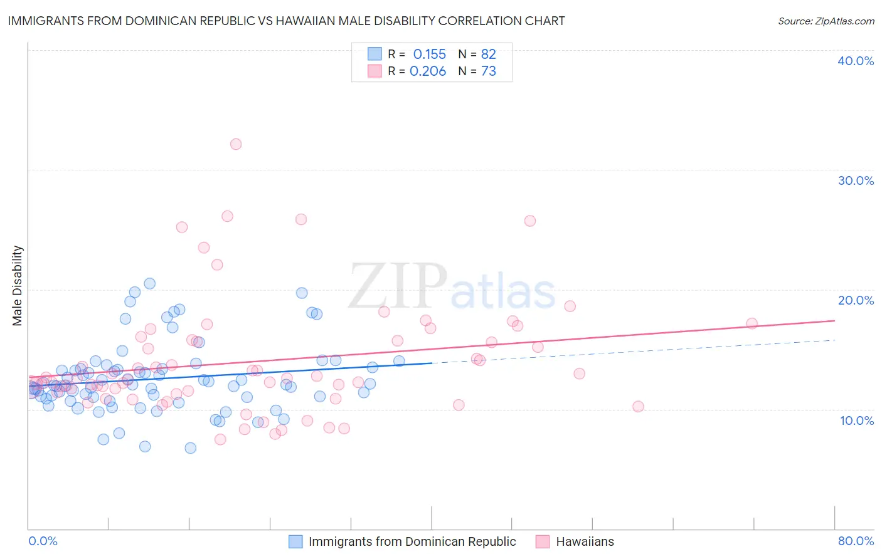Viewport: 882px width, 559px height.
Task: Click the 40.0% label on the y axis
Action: tap(856, 61)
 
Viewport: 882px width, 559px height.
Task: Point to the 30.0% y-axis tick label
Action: tap(856, 180)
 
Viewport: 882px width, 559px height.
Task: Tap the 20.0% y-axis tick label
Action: tap(856, 300)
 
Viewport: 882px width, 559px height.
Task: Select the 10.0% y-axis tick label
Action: tap(857, 421)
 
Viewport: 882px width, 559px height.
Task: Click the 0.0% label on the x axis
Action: tap(43, 541)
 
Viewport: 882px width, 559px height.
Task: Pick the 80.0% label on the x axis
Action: tap(856, 541)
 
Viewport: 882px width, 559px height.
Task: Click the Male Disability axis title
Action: tap(18, 285)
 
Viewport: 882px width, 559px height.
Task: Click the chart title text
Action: tap(286, 21)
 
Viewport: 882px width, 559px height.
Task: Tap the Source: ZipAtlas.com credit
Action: tap(826, 21)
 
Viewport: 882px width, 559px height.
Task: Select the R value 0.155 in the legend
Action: tap(429, 54)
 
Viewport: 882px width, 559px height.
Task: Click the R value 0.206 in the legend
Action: tap(428, 71)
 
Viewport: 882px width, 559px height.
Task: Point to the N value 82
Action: tap(488, 54)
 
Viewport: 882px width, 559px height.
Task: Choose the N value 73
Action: tap(488, 71)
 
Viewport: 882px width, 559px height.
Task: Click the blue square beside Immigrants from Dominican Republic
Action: tap(295, 541)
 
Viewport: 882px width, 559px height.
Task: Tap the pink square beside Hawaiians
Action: tap(543, 541)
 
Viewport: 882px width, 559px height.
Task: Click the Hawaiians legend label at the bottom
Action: tap(585, 541)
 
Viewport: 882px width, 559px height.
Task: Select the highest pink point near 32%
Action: tap(236, 144)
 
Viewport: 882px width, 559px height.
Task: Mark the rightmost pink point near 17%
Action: tap(752, 323)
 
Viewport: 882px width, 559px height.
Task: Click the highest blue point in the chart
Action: tap(149, 283)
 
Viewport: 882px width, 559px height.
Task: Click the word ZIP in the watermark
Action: tap(398, 286)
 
